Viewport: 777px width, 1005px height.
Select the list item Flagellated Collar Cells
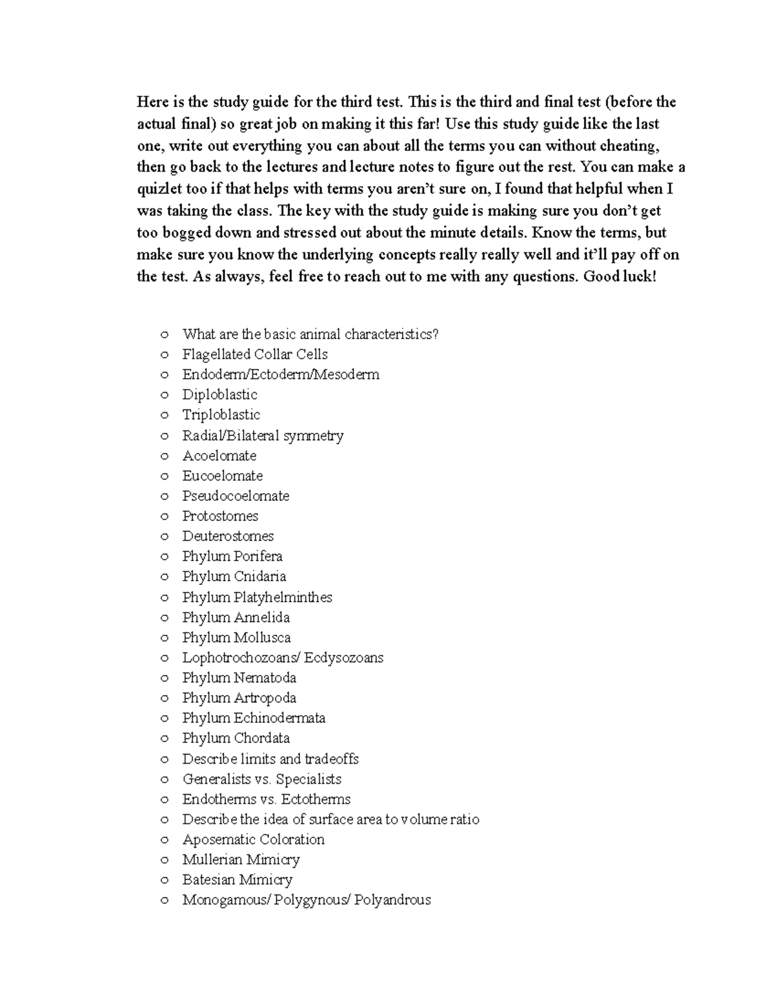pyautogui.click(x=254, y=355)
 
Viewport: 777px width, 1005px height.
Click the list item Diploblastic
pyautogui.click(x=220, y=395)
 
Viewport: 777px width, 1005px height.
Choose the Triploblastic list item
pyautogui.click(x=221, y=415)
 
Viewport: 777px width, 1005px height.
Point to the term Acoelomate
pyautogui.click(x=219, y=456)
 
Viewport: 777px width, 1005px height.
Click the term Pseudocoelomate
pyautogui.click(x=236, y=496)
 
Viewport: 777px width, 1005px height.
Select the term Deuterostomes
pyautogui.click(x=228, y=536)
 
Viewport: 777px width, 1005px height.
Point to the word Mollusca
pyautogui.click(x=262, y=637)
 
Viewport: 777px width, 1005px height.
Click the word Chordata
pyautogui.click(x=262, y=738)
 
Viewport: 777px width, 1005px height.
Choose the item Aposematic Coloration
pyautogui.click(x=253, y=839)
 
